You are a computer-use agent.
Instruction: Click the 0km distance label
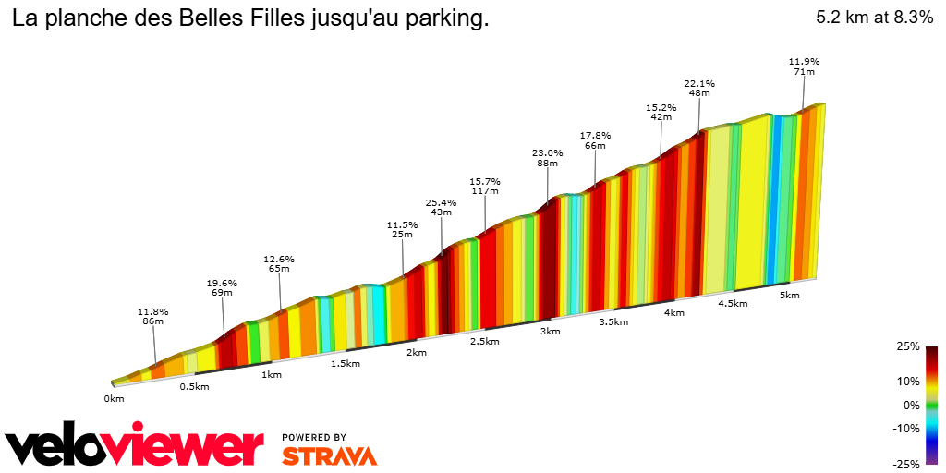click(114, 399)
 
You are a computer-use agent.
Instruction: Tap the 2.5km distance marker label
click(484, 342)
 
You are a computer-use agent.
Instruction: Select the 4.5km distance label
click(733, 304)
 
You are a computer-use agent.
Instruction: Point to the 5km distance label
click(789, 296)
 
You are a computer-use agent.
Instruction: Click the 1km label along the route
click(272, 375)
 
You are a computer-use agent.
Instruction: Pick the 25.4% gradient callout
click(442, 201)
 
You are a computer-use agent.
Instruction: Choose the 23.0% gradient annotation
click(547, 152)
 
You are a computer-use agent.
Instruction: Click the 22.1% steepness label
click(699, 83)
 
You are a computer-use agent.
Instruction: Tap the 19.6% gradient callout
click(222, 283)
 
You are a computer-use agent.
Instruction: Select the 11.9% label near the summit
click(804, 62)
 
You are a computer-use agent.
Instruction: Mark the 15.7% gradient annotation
click(485, 181)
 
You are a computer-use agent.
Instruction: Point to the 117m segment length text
click(485, 191)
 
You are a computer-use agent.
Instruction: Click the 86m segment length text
click(153, 321)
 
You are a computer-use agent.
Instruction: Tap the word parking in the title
click(450, 18)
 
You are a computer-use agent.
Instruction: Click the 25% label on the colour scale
click(908, 346)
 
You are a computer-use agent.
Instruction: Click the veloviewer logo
click(135, 447)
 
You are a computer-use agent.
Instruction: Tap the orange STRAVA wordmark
click(329, 455)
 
